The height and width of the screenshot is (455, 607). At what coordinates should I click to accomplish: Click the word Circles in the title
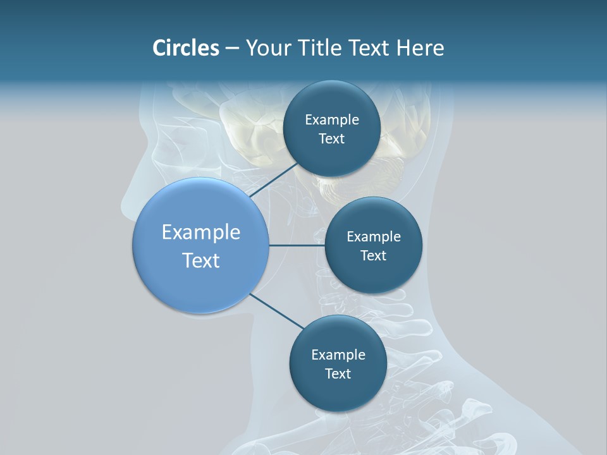click(185, 48)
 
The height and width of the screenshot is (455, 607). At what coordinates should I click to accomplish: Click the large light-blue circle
click(200, 284)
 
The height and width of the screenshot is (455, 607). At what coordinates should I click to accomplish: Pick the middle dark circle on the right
click(373, 278)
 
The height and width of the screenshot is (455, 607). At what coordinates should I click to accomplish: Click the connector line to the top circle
click(274, 179)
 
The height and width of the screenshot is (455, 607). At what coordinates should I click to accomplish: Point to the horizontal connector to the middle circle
click(297, 245)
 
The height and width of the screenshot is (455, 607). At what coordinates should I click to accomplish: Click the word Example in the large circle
click(201, 233)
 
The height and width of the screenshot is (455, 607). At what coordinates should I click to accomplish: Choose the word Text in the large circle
click(201, 260)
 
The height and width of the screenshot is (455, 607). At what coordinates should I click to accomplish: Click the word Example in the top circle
click(332, 120)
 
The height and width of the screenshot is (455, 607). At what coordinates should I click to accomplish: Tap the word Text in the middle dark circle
click(373, 255)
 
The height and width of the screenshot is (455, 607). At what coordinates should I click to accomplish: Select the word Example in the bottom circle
click(338, 355)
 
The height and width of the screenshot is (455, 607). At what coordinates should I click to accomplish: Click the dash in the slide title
click(232, 48)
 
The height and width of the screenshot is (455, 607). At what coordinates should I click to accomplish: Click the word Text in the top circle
click(331, 139)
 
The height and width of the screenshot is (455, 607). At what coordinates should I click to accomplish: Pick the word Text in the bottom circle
click(338, 373)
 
